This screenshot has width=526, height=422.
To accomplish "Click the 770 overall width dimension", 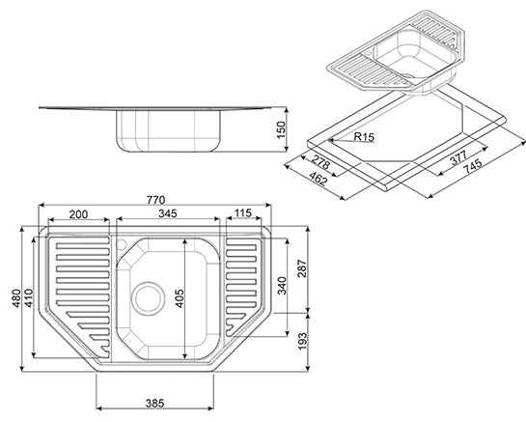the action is pos(156,200).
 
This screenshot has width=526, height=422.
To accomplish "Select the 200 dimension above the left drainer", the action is pos(78,214).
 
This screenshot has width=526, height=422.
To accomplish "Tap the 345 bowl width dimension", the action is pos(168,213).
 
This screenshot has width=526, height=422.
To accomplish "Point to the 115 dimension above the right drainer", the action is pos(243,212).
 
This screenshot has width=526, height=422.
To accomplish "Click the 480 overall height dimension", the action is pos(16,298).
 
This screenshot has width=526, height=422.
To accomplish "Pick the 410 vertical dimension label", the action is pos(29,298).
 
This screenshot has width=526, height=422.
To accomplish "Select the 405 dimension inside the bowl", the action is pos(180,298).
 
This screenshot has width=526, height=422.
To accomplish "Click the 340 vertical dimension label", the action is pos(283,286).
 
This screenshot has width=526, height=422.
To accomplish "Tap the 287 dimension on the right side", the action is pos(302,268).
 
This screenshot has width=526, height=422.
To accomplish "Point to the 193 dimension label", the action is pos(302,341).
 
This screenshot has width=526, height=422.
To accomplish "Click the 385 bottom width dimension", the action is pos(155,403).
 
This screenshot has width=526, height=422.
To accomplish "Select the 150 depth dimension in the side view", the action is pos(281,129).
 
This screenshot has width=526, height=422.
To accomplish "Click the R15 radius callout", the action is pos(364,137).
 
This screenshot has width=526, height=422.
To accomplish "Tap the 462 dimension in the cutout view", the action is pos(318,179).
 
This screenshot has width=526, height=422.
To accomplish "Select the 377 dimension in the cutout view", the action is pos(458,157).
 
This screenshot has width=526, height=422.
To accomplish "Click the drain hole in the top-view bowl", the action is pos(148,298).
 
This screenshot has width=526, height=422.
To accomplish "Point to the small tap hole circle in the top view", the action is pos(121,243).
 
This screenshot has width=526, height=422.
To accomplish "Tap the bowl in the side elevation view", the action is pos(169,131).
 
